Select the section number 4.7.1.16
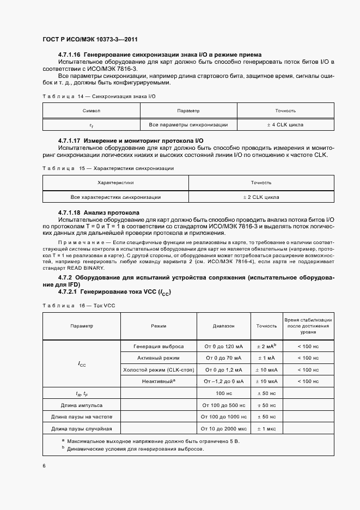tap(70, 54)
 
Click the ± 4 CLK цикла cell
tap(285, 125)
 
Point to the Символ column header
tap(91, 111)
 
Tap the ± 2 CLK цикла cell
tap(261, 197)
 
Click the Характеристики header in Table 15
tap(115, 183)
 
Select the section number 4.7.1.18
tap(70, 212)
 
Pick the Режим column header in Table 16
tap(158, 325)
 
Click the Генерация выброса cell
tap(158, 346)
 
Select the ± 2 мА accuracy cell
tap(266, 346)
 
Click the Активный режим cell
tap(158, 357)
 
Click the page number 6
tap(44, 465)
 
